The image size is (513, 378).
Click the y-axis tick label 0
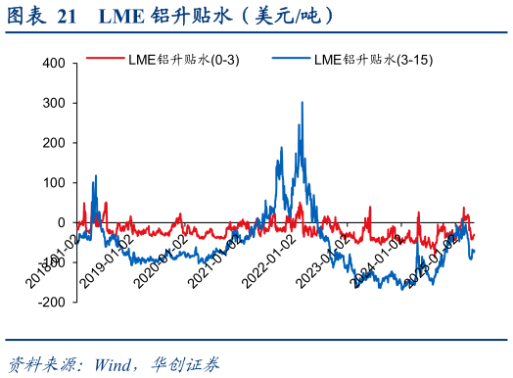60,223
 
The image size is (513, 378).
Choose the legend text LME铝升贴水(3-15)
373,60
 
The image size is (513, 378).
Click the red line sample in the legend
105,60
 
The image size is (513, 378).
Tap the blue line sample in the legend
291,60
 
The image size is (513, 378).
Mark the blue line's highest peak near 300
302,102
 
